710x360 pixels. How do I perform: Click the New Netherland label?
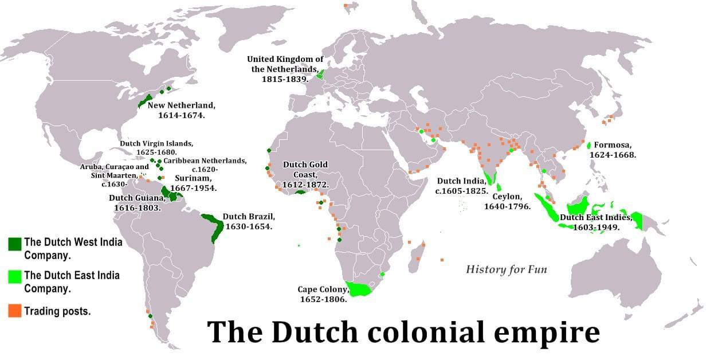[181, 110]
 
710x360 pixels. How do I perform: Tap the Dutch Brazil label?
[249, 221]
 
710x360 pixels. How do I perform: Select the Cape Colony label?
[323, 294]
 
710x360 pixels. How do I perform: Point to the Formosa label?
[615, 150]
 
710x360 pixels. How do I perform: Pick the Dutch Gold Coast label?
[305, 174]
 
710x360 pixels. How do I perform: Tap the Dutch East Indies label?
[596, 222]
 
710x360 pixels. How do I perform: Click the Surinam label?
[195, 182]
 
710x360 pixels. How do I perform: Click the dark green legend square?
[15, 244]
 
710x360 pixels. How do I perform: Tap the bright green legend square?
[15, 277]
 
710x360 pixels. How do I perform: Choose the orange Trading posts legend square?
[15, 311]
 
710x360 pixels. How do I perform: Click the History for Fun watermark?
[506, 269]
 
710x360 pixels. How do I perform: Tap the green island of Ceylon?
[499, 186]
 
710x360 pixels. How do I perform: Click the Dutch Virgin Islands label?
[156, 147]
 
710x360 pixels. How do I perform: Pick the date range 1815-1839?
[285, 79]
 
